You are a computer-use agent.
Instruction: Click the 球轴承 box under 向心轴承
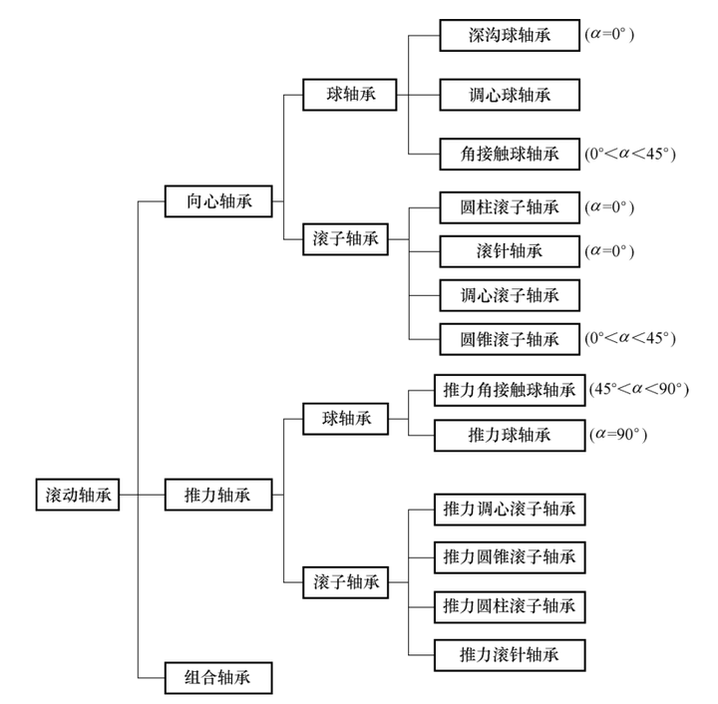pos(349,95)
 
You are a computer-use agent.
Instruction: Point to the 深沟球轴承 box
pos(509,35)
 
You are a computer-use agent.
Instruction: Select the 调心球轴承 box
pos(509,95)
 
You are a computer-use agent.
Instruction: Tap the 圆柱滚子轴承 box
pos(509,207)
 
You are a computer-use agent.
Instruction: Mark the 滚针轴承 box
pos(509,250)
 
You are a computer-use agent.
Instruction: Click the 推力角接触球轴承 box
pos(509,390)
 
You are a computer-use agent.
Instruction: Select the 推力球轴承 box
pos(509,435)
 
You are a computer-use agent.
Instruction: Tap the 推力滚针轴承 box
pos(509,654)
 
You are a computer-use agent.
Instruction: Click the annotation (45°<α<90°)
pos(639,389)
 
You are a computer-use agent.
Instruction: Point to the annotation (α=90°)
pos(618,435)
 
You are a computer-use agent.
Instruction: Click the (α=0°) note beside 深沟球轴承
pos(610,35)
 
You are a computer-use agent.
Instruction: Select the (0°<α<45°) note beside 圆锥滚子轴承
pos(630,337)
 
